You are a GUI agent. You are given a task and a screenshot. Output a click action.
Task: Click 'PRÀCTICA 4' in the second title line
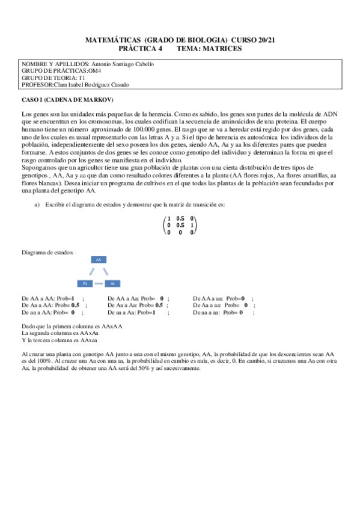138,48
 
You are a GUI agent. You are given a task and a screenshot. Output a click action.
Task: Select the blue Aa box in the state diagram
85,283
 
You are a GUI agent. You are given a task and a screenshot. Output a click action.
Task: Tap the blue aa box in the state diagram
112,283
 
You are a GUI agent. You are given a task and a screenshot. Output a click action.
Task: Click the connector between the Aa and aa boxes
99,283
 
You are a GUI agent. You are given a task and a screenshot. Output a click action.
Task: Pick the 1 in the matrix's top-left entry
169,218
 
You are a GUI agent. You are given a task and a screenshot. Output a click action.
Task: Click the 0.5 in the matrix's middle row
180,225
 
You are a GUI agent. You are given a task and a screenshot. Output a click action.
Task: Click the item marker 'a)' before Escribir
37,205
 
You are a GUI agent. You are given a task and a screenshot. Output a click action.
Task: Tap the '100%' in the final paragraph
43,361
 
